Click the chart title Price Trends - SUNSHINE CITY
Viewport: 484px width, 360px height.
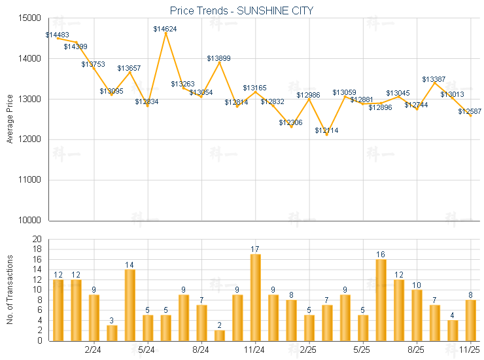coord(241,10)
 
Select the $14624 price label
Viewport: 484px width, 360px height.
coord(165,29)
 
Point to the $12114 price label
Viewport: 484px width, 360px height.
coord(326,131)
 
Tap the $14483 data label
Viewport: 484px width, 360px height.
coord(58,35)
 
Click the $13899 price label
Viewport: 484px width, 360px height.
coord(218,58)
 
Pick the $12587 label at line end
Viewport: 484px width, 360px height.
coord(470,112)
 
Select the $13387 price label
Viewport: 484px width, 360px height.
coord(434,79)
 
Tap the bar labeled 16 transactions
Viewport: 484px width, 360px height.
coord(381,300)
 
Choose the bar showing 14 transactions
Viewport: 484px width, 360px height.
coord(130,305)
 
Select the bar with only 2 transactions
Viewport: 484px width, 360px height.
coord(219,335)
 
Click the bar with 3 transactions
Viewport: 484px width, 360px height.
coord(112,333)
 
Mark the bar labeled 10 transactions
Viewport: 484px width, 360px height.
coord(417,315)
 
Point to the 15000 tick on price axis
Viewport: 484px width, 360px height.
coord(31,18)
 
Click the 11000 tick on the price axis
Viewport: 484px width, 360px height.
coord(31,180)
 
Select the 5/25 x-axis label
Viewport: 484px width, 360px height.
coord(362,350)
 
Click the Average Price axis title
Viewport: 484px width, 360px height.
coord(10,119)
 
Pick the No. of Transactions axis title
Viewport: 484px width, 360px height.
coord(10,290)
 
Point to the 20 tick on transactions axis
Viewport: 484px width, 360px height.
coord(37,239)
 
